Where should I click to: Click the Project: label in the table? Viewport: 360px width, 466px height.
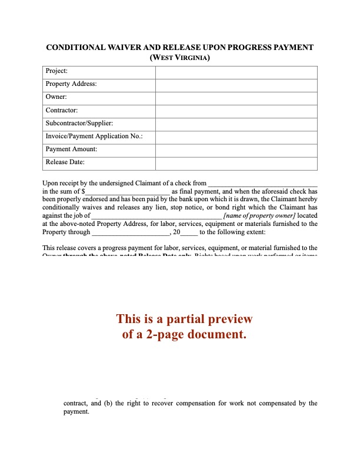(x=56, y=71)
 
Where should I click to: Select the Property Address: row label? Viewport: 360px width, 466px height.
(x=71, y=84)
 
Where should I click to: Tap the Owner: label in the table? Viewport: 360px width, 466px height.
(x=56, y=97)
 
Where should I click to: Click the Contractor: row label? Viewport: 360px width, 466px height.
(x=62, y=110)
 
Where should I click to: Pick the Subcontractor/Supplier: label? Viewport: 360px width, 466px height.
(x=79, y=123)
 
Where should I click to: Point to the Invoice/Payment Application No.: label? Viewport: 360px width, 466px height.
(x=94, y=136)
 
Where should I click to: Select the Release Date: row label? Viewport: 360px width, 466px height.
(x=65, y=162)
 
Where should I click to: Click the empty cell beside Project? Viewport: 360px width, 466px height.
(x=236, y=71)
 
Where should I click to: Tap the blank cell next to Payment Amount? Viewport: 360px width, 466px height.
(x=236, y=149)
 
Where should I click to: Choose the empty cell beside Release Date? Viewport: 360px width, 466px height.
(x=236, y=162)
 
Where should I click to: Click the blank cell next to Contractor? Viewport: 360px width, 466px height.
(x=236, y=110)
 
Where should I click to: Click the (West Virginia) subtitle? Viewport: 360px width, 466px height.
(x=180, y=58)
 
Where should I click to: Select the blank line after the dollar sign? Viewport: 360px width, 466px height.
(x=128, y=192)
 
